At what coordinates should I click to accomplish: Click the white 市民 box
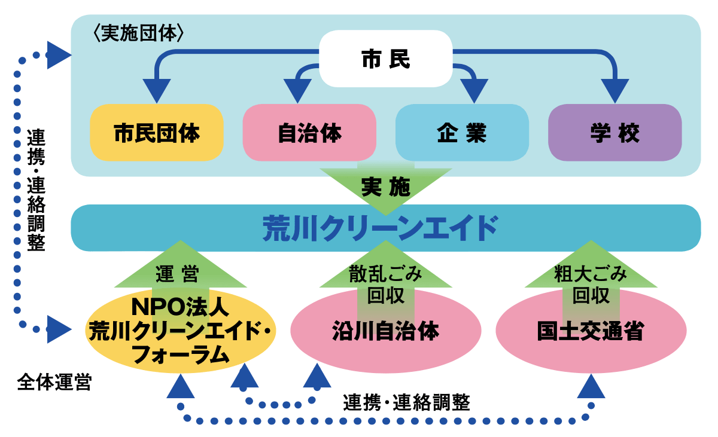pos(385,59)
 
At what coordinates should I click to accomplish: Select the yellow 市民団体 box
pos(157,133)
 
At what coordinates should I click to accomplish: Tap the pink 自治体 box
pos(309,133)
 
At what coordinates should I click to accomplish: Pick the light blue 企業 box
pos(462,133)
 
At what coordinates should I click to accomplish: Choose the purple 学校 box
pos(614,133)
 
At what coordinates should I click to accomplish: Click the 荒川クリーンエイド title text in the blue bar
pos(381,228)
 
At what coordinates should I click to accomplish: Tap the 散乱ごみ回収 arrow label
pos(385,284)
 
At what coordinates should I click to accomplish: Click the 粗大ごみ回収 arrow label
pos(591,284)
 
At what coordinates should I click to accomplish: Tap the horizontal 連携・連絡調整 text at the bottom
pos(406,402)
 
